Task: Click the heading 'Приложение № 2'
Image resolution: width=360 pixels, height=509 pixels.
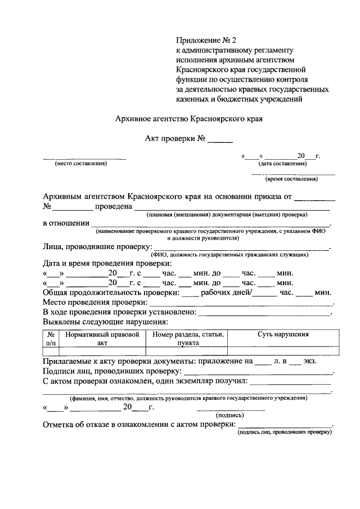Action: click(207, 40)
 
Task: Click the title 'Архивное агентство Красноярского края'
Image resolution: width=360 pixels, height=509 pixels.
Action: click(189, 119)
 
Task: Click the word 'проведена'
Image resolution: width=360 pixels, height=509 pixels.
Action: click(112, 207)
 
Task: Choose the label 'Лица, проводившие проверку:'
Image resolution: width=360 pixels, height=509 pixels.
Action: click(97, 246)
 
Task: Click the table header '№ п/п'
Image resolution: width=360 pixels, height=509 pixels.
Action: click(51, 337)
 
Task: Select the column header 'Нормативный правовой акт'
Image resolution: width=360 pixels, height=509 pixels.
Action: click(102, 337)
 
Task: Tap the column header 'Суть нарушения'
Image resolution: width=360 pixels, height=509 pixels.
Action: click(283, 334)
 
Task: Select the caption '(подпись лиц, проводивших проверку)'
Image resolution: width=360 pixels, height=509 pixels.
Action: click(285, 432)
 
